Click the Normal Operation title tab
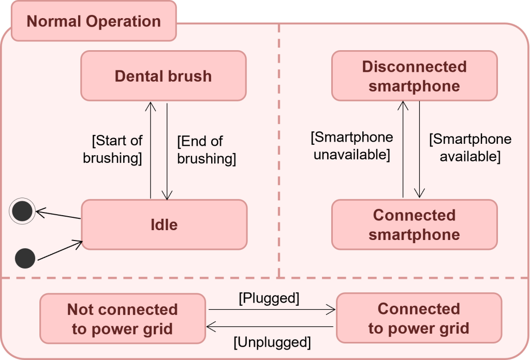pyautogui.click(x=94, y=21)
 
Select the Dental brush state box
pyautogui.click(x=163, y=76)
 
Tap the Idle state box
pyautogui.click(x=164, y=224)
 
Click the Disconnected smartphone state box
pyautogui.click(x=414, y=76)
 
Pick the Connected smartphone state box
pyautogui.click(x=414, y=224)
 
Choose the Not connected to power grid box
pyautogui.click(x=122, y=319)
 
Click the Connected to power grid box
pyautogui.click(x=419, y=318)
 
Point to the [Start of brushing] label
pyautogui.click(x=113, y=149)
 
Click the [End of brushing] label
pyautogui.click(x=206, y=150)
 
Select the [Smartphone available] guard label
pyautogui.click(x=470, y=147)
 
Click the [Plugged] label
pyautogui.click(x=269, y=298)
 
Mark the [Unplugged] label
pyautogui.click(x=272, y=342)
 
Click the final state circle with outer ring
pyautogui.click(x=22, y=211)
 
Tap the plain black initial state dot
pyautogui.click(x=25, y=258)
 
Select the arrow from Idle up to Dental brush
pyautogui.click(x=151, y=150)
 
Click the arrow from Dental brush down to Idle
pyautogui.click(x=167, y=150)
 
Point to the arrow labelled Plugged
pyautogui.click(x=272, y=310)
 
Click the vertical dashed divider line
pyautogui.click(x=279, y=150)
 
